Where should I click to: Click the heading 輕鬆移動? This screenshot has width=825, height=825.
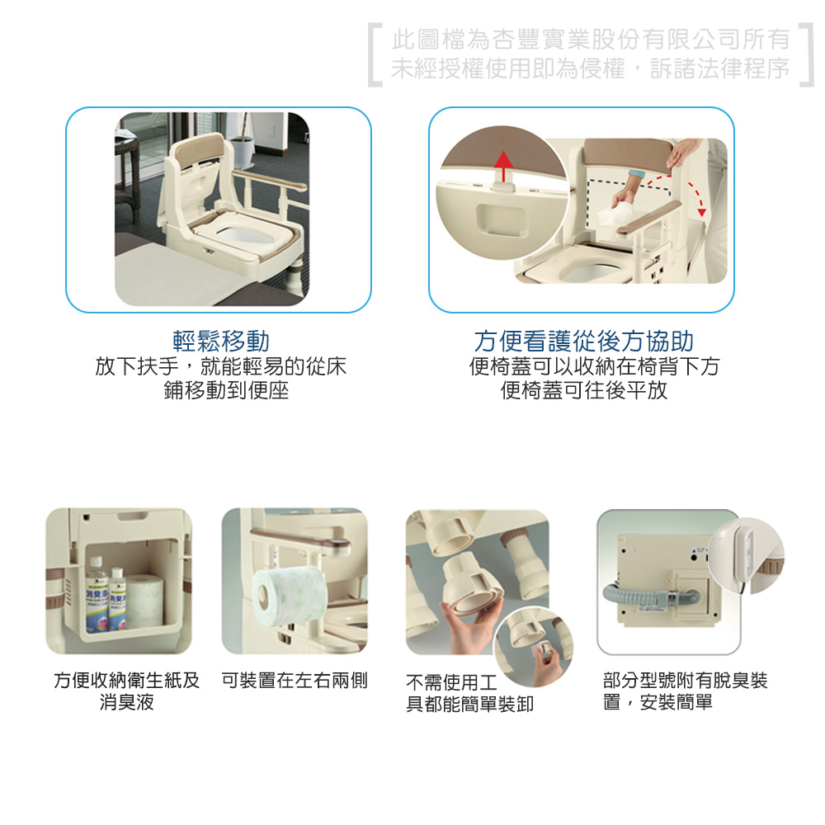(x=221, y=341)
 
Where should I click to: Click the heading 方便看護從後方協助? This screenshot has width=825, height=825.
(x=583, y=341)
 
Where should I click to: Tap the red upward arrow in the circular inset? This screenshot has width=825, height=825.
(x=504, y=167)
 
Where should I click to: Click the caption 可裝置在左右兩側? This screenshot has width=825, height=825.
(x=295, y=681)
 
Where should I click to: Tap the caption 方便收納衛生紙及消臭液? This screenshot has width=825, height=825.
(x=127, y=691)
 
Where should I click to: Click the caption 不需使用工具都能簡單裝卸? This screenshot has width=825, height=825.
(x=470, y=693)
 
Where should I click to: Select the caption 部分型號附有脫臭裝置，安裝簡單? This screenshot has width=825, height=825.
(x=685, y=691)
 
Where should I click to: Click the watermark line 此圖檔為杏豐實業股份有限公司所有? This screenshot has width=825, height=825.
(x=591, y=40)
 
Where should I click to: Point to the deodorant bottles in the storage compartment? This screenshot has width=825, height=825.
(x=106, y=594)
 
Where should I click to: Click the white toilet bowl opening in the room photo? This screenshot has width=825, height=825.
(x=245, y=233)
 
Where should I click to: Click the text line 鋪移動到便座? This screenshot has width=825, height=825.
(x=226, y=390)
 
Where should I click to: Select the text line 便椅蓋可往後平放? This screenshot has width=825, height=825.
(x=584, y=390)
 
